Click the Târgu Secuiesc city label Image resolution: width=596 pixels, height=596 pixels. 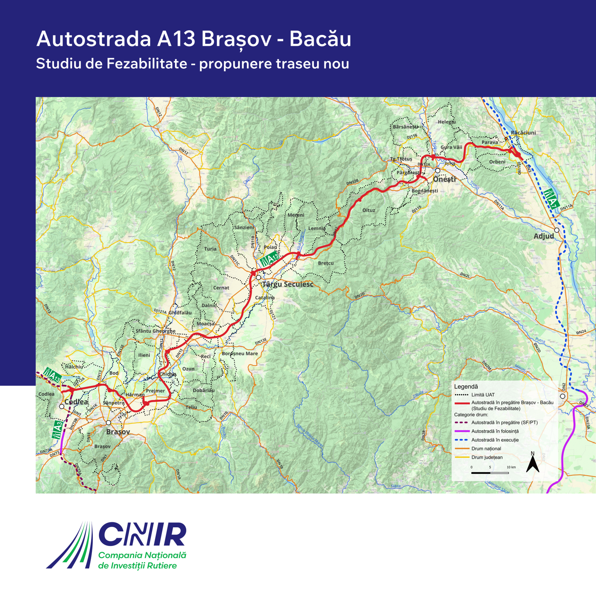[288, 284]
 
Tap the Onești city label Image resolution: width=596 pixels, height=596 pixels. [445, 179]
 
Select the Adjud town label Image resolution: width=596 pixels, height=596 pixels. [544, 236]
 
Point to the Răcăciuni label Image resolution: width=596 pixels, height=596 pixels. [523, 133]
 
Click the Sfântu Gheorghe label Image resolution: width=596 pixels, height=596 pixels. [155, 331]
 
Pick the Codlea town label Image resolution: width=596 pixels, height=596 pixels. [76, 402]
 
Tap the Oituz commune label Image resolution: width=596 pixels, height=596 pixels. [369, 210]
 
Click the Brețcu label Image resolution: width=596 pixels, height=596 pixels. [326, 263]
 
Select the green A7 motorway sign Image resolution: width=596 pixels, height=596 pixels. [551, 198]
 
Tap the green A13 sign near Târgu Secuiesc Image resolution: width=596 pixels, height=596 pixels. [270, 258]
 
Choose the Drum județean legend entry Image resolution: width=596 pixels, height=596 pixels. [487, 457]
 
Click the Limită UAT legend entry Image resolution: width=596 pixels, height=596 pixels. [483, 395]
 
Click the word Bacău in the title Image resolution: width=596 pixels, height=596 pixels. [320, 39]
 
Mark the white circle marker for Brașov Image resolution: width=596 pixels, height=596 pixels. [108, 423]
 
